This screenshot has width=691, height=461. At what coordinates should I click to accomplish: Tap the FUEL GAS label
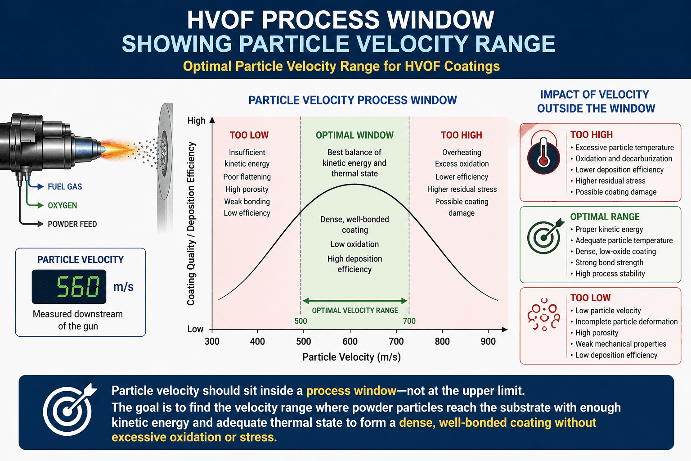coord(65,187)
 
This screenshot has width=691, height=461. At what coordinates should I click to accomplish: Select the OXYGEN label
coord(63,206)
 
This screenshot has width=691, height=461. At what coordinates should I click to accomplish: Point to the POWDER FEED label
coord(72,224)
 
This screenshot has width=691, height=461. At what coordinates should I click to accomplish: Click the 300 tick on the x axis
coord(212,342)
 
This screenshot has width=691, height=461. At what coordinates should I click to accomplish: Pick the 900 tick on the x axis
coord(488,342)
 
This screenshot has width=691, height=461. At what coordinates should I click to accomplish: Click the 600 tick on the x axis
coord(350,342)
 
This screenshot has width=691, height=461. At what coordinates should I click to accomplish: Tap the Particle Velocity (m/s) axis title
coord(351,357)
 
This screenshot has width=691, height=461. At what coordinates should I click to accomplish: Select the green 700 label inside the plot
coord(409,321)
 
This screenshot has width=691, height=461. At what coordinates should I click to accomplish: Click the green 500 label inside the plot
coord(301,321)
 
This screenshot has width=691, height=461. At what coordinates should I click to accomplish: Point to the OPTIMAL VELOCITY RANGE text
coord(355,311)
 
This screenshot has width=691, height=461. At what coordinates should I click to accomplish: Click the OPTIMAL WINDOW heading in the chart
coord(354,136)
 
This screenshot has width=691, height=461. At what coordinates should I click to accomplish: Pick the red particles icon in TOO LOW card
coord(544,315)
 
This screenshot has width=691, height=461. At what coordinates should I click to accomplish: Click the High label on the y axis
coord(196,121)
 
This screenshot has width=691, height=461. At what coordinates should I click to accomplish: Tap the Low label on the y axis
coord(195,330)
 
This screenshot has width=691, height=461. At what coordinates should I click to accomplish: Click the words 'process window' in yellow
coord(351,391)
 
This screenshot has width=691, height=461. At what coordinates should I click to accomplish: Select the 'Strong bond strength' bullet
coord(609,263)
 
